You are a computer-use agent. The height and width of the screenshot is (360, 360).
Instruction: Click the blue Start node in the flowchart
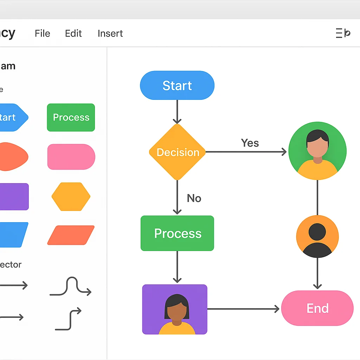(177, 85)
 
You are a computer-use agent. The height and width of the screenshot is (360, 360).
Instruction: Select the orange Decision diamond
(177, 152)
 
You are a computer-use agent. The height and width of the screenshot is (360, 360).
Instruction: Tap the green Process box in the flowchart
(177, 233)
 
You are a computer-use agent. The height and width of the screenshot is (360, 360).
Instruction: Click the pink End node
(317, 308)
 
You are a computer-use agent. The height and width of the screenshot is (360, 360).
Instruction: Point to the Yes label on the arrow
(250, 143)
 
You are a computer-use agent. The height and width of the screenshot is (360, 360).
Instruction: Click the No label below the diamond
(194, 198)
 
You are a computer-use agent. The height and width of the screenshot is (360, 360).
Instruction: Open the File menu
(43, 33)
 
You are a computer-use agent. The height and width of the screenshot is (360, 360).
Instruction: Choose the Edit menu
(73, 33)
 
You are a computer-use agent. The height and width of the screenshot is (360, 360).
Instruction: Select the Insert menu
(110, 33)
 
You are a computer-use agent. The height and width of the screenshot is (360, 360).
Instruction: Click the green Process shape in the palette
(71, 117)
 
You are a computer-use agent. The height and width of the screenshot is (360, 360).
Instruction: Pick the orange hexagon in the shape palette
(71, 197)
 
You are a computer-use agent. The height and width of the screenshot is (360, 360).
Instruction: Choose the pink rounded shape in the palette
(71, 157)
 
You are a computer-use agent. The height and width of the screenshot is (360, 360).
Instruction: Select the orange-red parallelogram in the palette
(71, 235)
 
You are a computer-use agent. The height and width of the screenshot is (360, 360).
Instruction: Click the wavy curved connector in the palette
(71, 287)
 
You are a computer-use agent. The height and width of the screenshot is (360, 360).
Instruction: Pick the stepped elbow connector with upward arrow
(68, 319)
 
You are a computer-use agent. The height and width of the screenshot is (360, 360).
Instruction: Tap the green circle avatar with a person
(317, 151)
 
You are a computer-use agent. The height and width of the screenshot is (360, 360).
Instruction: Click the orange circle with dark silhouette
(317, 237)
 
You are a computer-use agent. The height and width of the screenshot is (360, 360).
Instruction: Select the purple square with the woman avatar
(175, 309)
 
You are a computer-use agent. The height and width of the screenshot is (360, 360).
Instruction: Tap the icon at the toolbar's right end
(343, 33)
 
